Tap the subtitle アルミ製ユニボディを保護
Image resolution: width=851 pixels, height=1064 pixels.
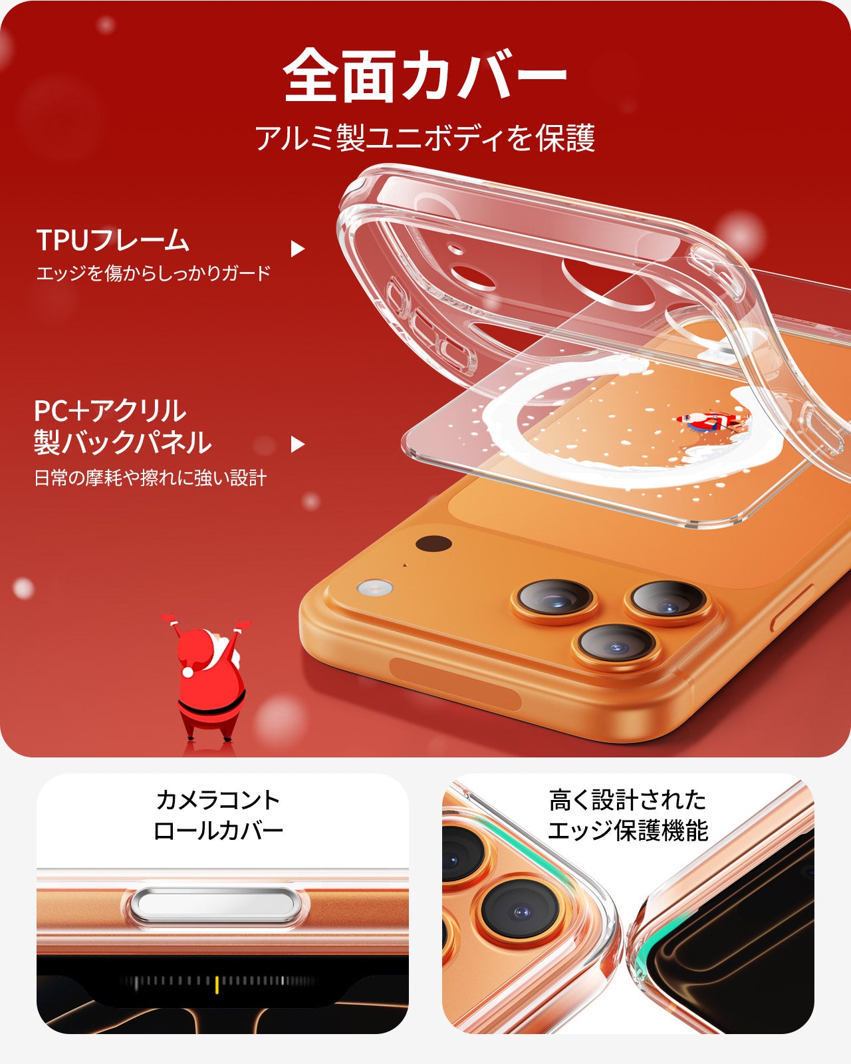[425, 138]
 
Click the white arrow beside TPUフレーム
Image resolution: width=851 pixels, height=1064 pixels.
[297, 249]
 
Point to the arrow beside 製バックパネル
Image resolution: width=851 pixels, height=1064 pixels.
[297, 444]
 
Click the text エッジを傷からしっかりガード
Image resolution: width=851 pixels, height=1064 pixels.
[154, 273]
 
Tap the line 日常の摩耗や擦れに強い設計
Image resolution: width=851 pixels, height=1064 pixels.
[150, 477]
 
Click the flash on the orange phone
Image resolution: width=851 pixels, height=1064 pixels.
[374, 589]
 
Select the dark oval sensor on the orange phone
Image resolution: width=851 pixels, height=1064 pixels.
[433, 543]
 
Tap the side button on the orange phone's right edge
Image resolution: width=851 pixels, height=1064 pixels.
[792, 608]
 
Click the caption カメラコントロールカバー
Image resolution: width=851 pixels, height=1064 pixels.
[218, 815]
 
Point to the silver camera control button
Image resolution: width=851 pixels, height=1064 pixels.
[216, 905]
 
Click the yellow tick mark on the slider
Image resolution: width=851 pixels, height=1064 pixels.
[217, 984]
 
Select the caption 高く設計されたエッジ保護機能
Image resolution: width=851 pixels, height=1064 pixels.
[628, 815]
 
